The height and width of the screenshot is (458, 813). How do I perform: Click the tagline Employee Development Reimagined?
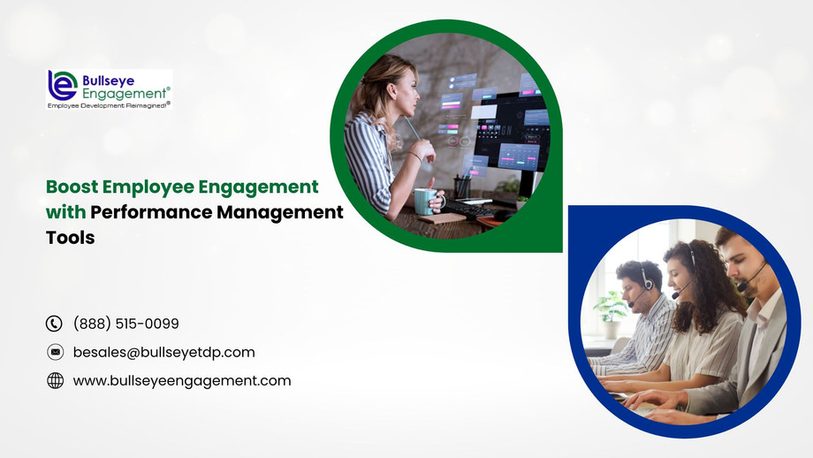(x=109, y=104)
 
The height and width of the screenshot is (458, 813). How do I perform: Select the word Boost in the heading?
(x=72, y=187)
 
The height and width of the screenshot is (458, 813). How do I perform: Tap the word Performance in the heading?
(x=148, y=212)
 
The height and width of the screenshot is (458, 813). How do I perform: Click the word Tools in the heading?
(x=70, y=238)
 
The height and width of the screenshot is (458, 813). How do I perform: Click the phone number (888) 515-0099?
(x=125, y=324)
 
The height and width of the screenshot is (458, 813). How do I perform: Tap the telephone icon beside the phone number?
(x=55, y=324)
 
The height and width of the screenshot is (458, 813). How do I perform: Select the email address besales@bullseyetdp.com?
(x=163, y=352)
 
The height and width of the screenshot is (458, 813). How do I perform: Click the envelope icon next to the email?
(x=55, y=352)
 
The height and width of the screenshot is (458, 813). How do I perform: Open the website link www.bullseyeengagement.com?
(x=181, y=380)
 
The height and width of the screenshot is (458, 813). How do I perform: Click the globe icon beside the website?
(x=55, y=380)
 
